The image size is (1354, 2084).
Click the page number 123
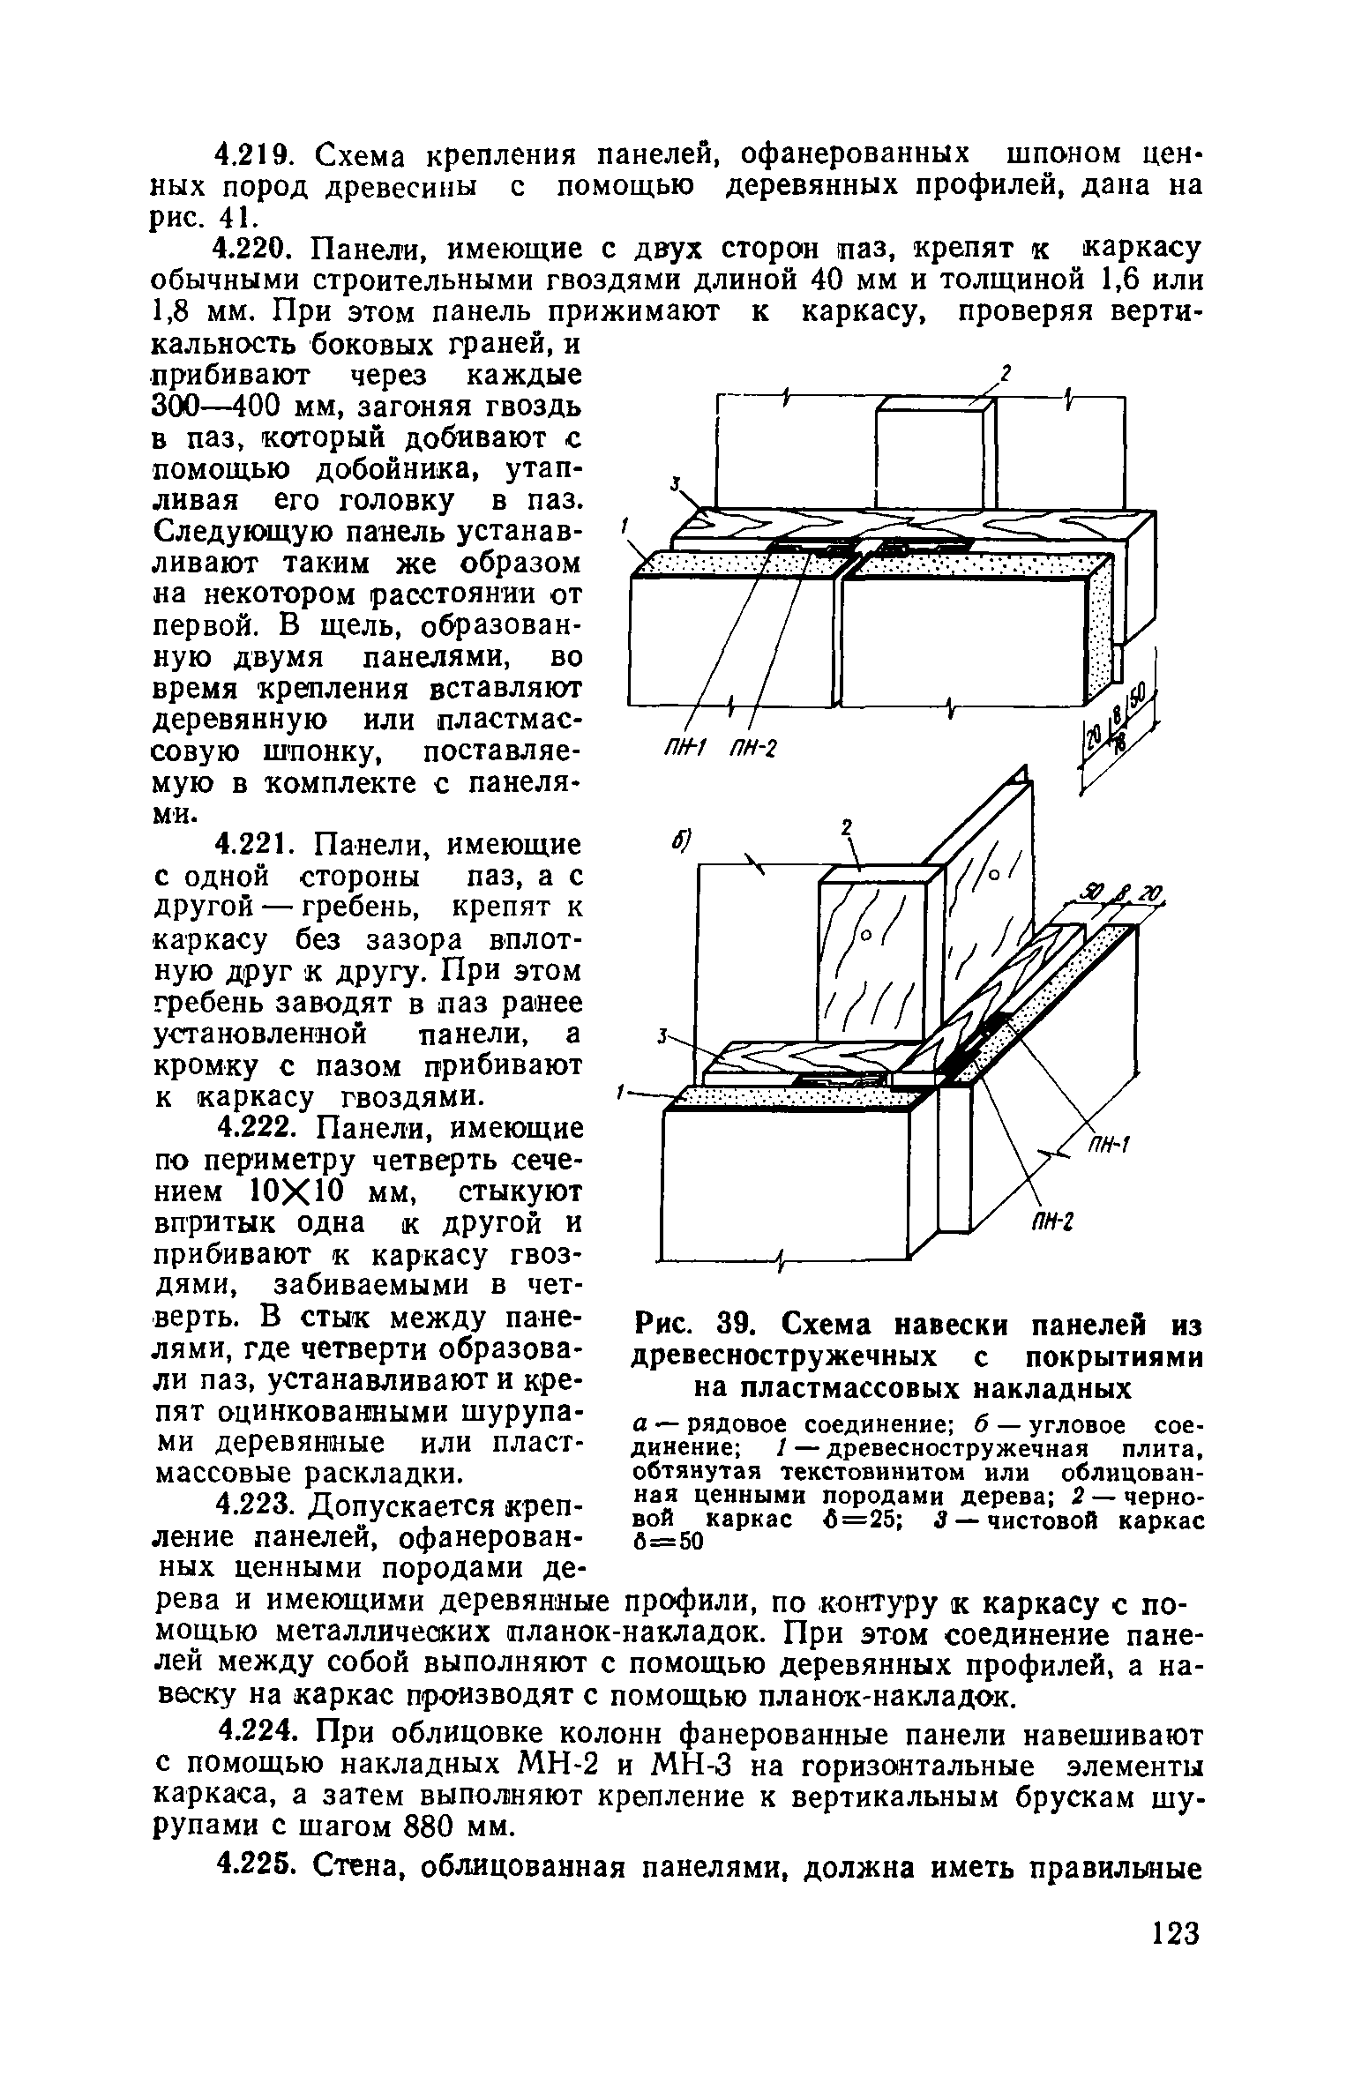pyautogui.click(x=1176, y=2008)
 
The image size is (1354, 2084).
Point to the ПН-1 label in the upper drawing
pyautogui.click(x=681, y=750)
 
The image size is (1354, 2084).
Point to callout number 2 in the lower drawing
pyautogui.click(x=847, y=828)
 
